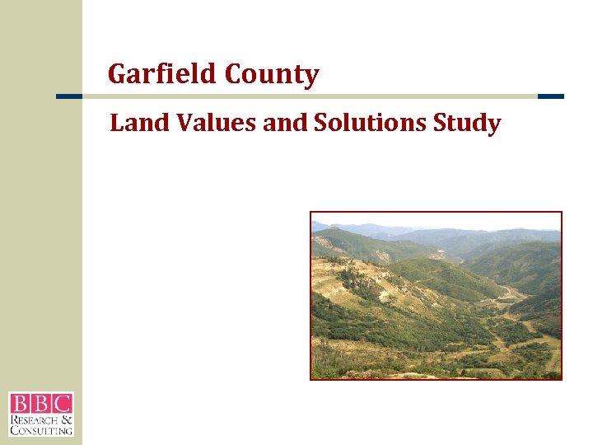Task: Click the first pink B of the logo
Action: (19, 404)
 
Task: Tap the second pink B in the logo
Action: (40, 404)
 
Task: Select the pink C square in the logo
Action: (62, 404)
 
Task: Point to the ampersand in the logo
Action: (68, 419)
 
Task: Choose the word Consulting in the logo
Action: (41, 429)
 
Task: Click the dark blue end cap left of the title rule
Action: (69, 96)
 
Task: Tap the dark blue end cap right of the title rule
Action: (550, 96)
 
